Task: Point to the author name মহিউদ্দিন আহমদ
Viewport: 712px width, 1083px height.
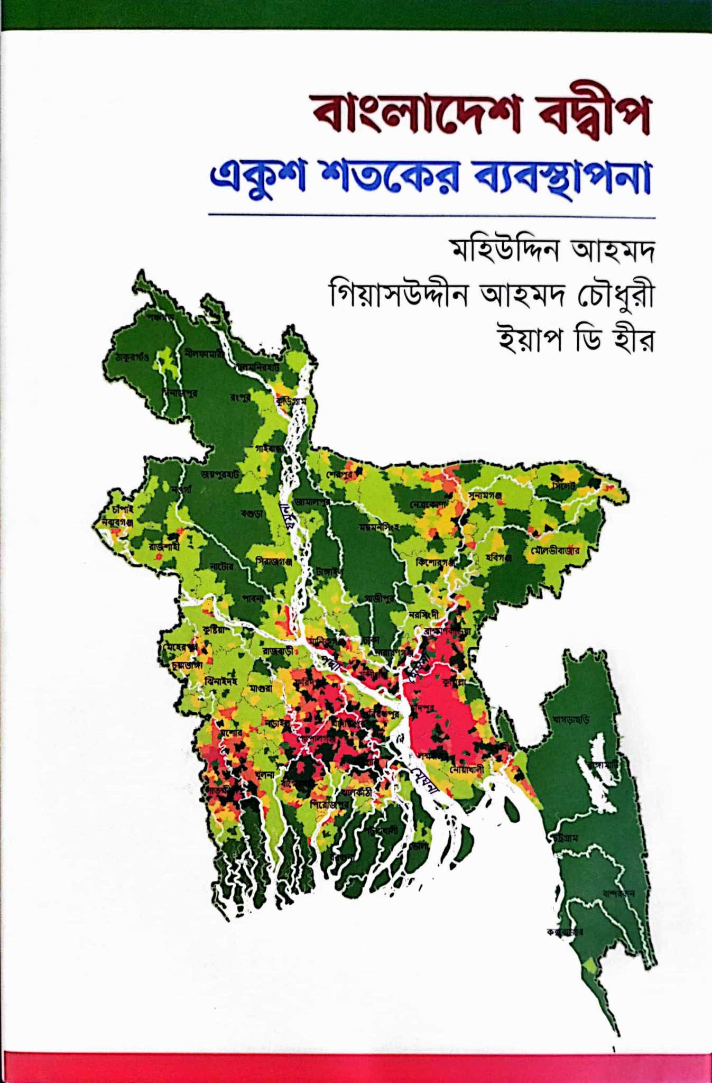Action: click(x=551, y=253)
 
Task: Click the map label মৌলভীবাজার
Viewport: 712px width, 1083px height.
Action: click(x=556, y=550)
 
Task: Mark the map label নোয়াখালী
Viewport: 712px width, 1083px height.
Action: click(x=467, y=770)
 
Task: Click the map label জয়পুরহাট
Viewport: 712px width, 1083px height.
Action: click(x=220, y=474)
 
